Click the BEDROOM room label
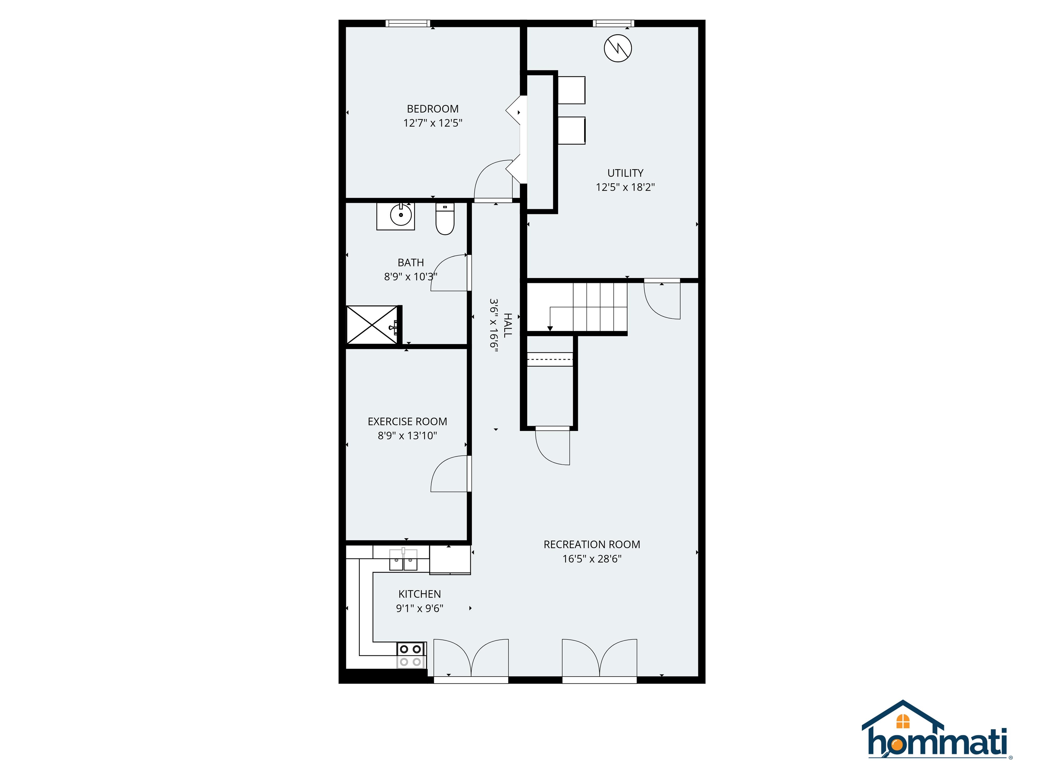point(432,109)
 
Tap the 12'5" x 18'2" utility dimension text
point(625,187)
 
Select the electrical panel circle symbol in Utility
point(618,48)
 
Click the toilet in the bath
point(445,220)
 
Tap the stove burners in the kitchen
point(410,656)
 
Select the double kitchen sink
point(403,560)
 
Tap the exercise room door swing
point(449,474)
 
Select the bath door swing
point(449,273)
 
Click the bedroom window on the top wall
point(408,23)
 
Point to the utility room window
point(613,23)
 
